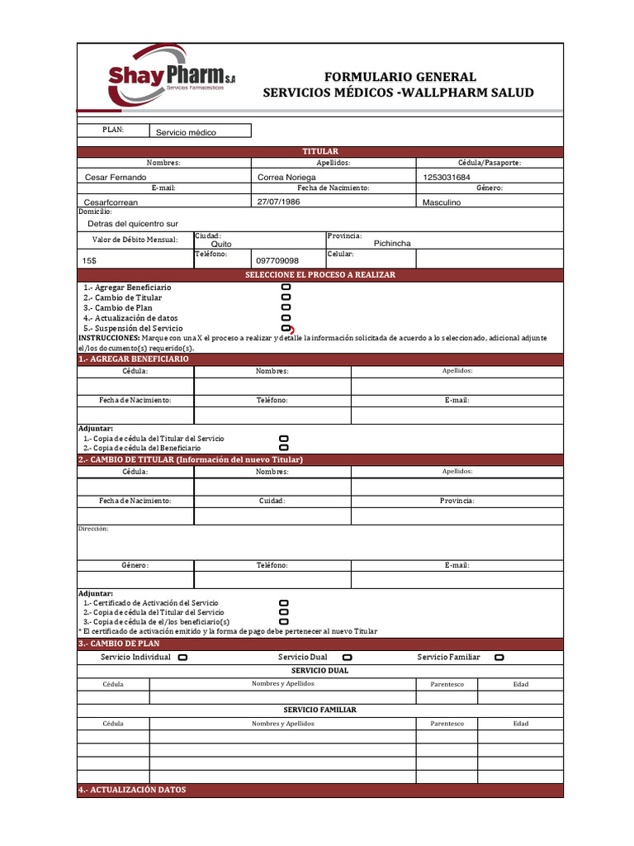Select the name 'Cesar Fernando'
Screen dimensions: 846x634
click(116, 178)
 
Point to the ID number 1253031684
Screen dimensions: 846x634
click(447, 178)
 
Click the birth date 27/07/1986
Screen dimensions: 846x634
click(278, 201)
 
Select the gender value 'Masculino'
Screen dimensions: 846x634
click(442, 202)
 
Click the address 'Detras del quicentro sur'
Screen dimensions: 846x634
click(133, 224)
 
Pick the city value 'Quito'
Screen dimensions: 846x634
click(221, 245)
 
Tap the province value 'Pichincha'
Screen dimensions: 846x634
click(392, 244)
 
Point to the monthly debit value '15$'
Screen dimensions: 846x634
click(89, 261)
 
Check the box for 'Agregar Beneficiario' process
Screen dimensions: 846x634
click(286, 287)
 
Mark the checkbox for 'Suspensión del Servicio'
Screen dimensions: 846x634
click(286, 328)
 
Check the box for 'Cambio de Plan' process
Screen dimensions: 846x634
click(286, 307)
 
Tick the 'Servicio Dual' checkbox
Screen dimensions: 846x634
click(347, 658)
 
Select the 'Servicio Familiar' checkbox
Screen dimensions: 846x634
click(499, 658)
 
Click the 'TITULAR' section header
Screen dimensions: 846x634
click(320, 152)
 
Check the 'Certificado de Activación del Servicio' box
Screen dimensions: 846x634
click(284, 603)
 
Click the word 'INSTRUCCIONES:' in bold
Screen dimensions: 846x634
click(109, 338)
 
